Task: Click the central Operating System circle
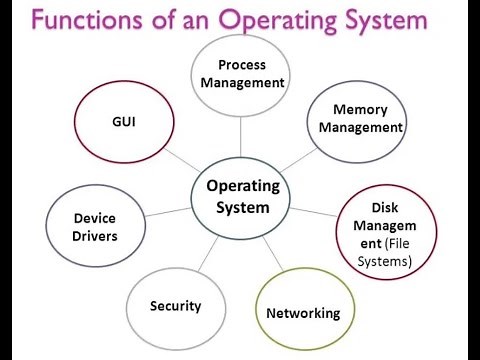click(x=239, y=196)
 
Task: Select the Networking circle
click(x=303, y=312)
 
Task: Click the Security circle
click(x=175, y=305)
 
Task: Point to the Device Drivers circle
click(x=96, y=226)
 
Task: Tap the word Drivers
click(x=96, y=236)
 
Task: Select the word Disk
click(x=385, y=208)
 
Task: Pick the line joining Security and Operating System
click(x=208, y=255)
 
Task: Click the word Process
click(x=240, y=64)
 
